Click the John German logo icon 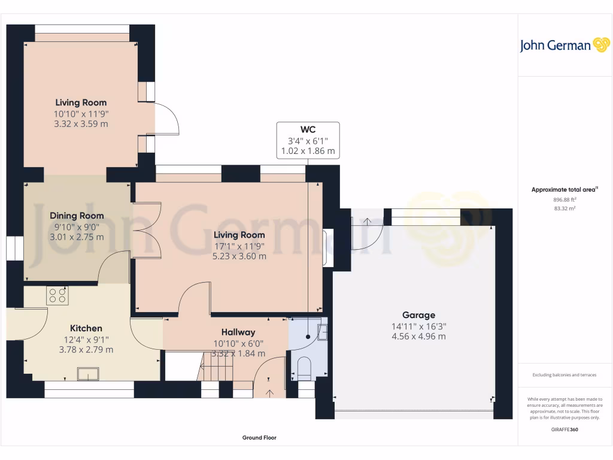(x=600, y=46)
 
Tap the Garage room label (x=418, y=315)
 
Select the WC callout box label (x=308, y=129)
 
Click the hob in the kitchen (x=57, y=295)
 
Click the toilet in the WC (x=304, y=368)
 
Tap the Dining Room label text (x=77, y=216)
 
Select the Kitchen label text (x=86, y=328)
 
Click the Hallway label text (x=238, y=332)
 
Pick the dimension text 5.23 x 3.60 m (x=238, y=256)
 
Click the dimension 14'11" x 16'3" (x=418, y=326)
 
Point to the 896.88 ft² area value (x=565, y=200)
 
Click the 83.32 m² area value (x=565, y=208)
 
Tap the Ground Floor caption (x=259, y=438)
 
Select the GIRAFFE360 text (x=565, y=429)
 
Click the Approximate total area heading (x=565, y=189)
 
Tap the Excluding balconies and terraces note (x=565, y=375)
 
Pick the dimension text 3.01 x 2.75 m (x=77, y=237)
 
